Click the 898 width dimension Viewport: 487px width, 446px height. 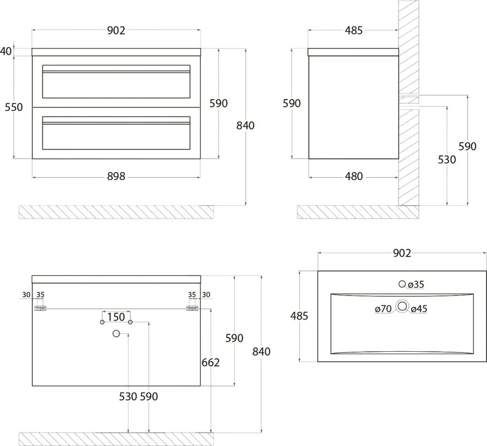[x=116, y=177]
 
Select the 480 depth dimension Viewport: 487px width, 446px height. [x=354, y=177]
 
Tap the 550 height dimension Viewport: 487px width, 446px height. [x=14, y=107]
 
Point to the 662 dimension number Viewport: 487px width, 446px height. [x=211, y=363]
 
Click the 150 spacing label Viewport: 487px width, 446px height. [x=116, y=317]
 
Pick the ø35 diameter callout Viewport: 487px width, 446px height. [x=416, y=284]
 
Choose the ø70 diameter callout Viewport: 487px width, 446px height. [x=383, y=309]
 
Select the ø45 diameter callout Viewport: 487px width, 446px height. [x=419, y=309]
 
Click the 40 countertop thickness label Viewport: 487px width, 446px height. [x=6, y=51]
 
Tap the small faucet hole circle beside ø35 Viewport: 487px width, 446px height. [x=402, y=284]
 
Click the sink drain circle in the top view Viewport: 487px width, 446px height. [x=402, y=307]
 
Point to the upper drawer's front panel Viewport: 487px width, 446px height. [x=116, y=81]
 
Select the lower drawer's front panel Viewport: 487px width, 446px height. [x=116, y=133]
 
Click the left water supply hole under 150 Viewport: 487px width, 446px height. [x=102, y=322]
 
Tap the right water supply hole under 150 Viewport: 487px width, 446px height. [x=130, y=322]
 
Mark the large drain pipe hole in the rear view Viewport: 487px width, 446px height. [x=116, y=334]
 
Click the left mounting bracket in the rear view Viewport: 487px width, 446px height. [x=40, y=308]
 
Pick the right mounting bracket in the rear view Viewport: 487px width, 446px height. [x=192, y=308]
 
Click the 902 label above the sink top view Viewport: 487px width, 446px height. [x=402, y=253]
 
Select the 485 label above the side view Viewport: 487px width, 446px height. [x=354, y=31]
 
